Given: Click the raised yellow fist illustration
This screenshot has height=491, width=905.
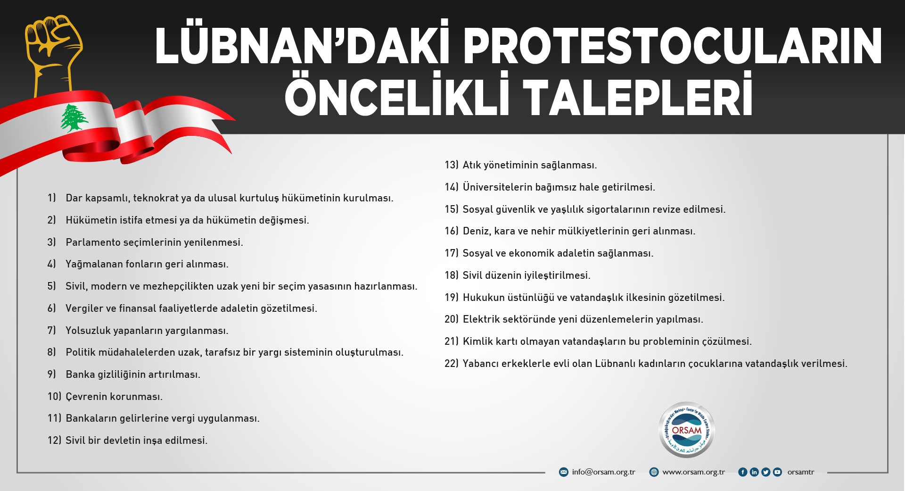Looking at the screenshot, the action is point(53,54).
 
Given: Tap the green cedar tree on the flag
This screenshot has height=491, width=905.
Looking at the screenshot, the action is point(74,118).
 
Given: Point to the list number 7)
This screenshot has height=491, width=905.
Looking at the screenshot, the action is point(51,330).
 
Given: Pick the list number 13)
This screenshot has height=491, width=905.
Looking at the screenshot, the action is point(452,165).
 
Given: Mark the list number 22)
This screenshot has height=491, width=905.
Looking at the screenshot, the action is point(452,364).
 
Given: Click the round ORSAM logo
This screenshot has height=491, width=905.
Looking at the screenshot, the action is point(686,430).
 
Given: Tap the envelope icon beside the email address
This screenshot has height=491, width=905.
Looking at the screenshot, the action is point(563,472).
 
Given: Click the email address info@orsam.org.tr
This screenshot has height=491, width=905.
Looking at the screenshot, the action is point(603,472).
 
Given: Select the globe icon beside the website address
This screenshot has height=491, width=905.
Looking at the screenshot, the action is point(654,472).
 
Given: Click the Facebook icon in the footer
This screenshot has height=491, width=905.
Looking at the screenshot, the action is point(742,472).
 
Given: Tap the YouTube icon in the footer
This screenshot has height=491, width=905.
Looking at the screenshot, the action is point(777,472).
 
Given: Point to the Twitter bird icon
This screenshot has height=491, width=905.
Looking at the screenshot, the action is point(765,472).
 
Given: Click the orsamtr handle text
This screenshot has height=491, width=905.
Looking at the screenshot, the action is point(801,472).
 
